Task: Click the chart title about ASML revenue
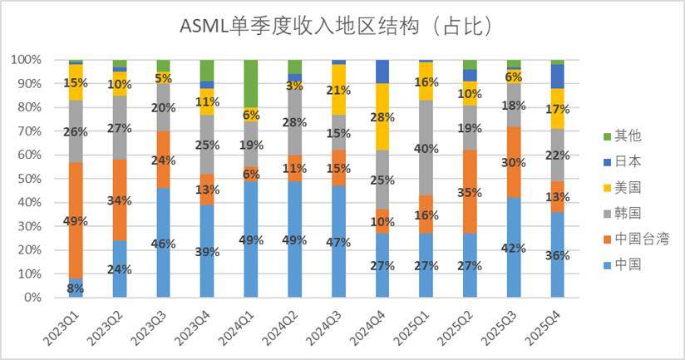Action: coord(336,27)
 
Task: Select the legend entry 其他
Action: coord(622,136)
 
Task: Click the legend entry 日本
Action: coord(622,161)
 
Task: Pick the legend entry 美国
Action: coord(622,187)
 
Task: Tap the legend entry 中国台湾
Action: coord(636,239)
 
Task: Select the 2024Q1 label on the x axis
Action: coord(237,328)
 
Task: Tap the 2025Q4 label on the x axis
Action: coord(543,328)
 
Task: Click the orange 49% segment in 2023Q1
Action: coord(76,220)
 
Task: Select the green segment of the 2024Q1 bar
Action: coord(251,83)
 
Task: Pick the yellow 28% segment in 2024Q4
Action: coord(382,116)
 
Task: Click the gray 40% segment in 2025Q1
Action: coord(426,148)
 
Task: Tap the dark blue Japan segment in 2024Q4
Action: coord(382,72)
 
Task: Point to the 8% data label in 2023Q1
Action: coord(75,288)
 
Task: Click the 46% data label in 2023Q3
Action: coord(164,244)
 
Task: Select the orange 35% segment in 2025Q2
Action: coord(470,191)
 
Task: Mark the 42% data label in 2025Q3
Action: coord(513,248)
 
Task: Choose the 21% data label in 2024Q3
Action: coord(338,91)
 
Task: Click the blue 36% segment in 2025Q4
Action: coord(558,254)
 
